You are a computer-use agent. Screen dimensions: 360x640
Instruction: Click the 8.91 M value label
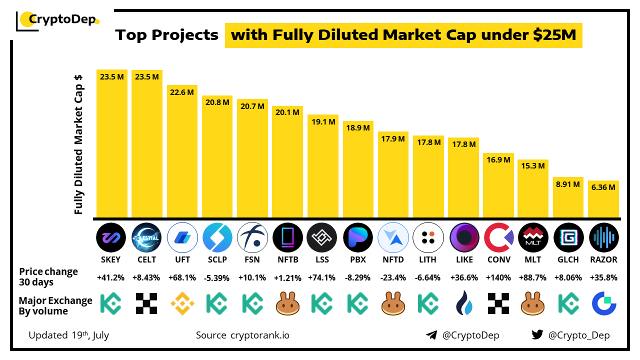click(568, 184)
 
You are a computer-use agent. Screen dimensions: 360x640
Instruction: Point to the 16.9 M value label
click(498, 160)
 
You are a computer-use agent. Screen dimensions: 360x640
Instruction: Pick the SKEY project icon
click(111, 237)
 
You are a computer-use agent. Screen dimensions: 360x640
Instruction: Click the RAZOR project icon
click(604, 237)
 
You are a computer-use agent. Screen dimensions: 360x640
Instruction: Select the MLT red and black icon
click(533, 237)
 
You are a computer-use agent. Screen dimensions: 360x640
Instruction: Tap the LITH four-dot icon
click(428, 237)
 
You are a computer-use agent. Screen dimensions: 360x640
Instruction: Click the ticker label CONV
click(498, 259)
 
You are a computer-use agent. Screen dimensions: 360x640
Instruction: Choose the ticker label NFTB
click(287, 259)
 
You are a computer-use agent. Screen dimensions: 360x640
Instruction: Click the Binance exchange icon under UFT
click(182, 303)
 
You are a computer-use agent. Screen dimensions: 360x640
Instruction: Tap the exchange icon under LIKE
click(463, 303)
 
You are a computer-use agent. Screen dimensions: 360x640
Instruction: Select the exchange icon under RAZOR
click(604, 303)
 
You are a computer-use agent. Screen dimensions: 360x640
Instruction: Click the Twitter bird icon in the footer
click(537, 335)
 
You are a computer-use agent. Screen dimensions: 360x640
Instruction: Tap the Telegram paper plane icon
click(431, 335)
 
